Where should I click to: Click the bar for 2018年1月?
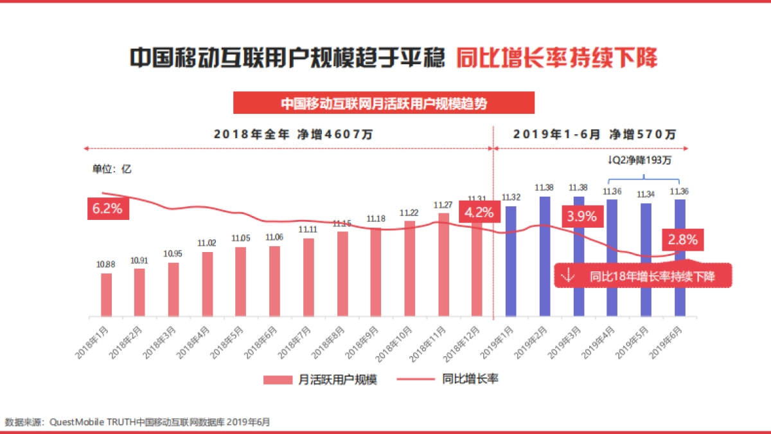(x=106, y=295)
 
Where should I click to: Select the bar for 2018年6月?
(x=274, y=282)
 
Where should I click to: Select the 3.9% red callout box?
(x=582, y=216)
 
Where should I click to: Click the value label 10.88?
(x=106, y=264)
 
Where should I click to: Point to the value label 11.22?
(x=409, y=213)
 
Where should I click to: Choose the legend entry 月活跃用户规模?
(x=319, y=379)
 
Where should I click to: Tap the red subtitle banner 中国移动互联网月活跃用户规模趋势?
(x=384, y=103)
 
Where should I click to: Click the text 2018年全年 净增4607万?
(x=293, y=134)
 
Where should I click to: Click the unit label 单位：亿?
(x=112, y=169)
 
